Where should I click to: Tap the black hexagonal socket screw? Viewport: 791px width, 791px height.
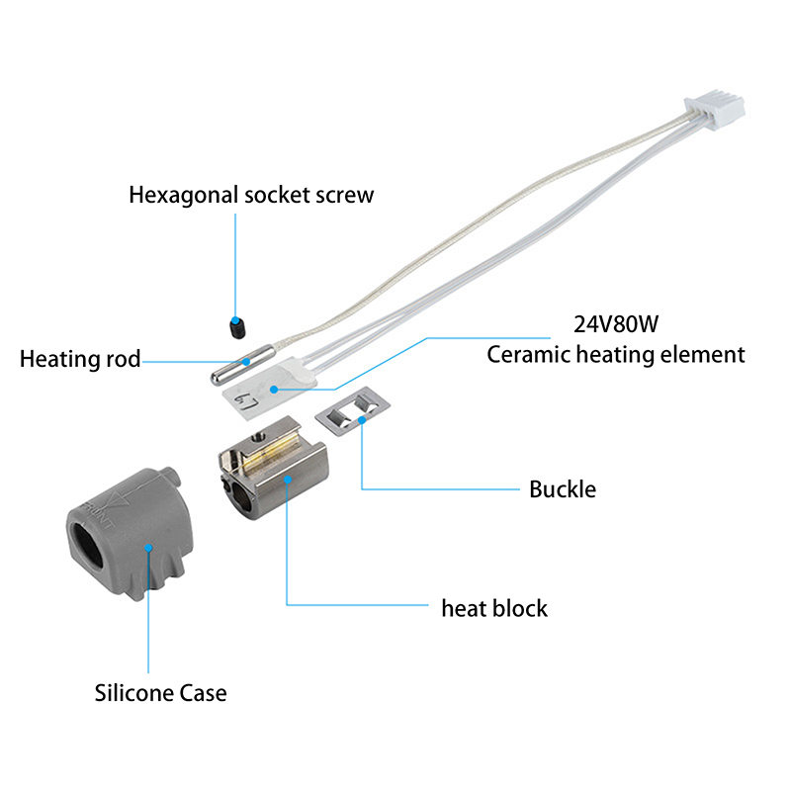[238, 326]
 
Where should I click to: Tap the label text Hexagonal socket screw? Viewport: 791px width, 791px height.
[251, 194]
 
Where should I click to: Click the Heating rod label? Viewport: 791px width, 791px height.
[80, 358]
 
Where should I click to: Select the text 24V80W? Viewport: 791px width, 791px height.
[612, 324]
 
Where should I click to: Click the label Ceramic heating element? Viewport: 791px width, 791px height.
[616, 354]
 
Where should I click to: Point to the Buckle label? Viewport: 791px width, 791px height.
[563, 488]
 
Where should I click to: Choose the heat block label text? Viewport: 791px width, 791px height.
[494, 607]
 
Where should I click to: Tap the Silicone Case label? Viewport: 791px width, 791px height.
[160, 693]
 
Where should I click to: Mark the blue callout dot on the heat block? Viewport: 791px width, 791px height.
[287, 480]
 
